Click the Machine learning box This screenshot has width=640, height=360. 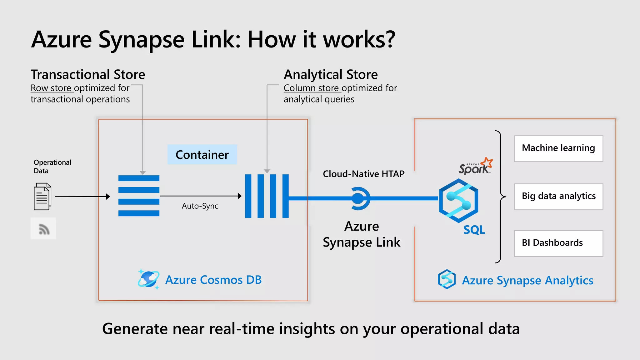pyautogui.click(x=558, y=148)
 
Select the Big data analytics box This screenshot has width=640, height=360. pyautogui.click(x=558, y=197)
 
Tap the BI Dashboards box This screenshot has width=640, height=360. pyautogui.click(x=558, y=243)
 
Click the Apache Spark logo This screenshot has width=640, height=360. pyautogui.click(x=475, y=166)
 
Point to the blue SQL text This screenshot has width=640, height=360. pyautogui.click(x=474, y=230)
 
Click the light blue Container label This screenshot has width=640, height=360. pyautogui.click(x=202, y=155)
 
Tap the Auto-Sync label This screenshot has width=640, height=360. pyautogui.click(x=200, y=206)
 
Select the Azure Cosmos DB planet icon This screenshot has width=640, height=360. pyautogui.click(x=148, y=279)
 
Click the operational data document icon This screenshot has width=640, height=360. pyautogui.click(x=42, y=197)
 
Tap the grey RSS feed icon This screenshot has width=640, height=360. pyautogui.click(x=43, y=229)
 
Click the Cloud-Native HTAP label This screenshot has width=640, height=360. pyautogui.click(x=363, y=174)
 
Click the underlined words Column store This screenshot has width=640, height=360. pyautogui.click(x=312, y=88)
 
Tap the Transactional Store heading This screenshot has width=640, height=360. pyautogui.click(x=88, y=75)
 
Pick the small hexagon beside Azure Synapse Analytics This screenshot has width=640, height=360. pyautogui.click(x=447, y=279)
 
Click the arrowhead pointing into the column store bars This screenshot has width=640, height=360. pyautogui.click(x=240, y=196)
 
